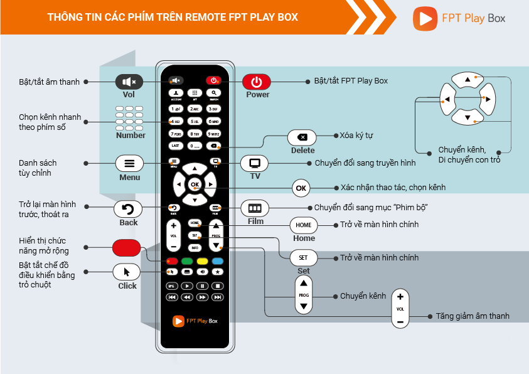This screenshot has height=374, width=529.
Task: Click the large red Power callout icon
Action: point(257,82)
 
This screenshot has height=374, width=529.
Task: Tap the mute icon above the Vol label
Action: point(129,82)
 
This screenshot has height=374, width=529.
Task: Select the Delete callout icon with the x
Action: point(302,137)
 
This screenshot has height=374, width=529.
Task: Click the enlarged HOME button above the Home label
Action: point(304,225)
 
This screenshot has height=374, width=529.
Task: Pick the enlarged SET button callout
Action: point(304,258)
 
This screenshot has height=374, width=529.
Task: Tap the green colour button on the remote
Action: point(186,260)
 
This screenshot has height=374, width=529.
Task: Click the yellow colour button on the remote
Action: point(202,260)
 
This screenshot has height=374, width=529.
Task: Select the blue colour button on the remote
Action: point(217,260)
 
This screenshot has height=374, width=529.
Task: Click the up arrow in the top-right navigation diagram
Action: point(466,80)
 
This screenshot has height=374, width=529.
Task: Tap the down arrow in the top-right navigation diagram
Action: point(466,118)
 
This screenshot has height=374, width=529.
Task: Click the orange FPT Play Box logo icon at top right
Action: point(425,18)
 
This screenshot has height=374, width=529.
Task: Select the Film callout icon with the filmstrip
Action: point(254,208)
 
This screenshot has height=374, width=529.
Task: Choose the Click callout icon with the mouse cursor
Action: point(127,272)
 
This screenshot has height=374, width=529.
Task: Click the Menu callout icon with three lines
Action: point(129,163)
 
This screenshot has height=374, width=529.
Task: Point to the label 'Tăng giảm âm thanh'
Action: point(473,316)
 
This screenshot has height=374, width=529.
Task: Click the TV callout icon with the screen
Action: point(255,163)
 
